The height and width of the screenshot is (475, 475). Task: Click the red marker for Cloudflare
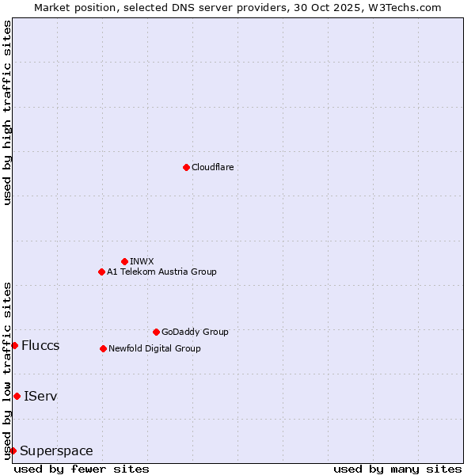pos(186,167)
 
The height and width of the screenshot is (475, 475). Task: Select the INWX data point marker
pos(124,261)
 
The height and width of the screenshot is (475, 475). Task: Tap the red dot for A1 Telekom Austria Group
pos(101,272)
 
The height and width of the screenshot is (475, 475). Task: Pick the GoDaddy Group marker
pos(156,332)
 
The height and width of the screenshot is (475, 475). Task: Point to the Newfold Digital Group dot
pos(103,348)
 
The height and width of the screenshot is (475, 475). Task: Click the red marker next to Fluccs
pos(14,345)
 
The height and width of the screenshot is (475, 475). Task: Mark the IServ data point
pos(17,396)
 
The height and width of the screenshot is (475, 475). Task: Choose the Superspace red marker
pos(13,450)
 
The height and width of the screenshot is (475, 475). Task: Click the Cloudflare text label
pos(212,167)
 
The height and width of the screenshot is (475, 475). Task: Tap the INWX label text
pos(142,261)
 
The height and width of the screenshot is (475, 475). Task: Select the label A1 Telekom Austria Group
pos(161,272)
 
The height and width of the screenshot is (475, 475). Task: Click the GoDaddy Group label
pos(195,332)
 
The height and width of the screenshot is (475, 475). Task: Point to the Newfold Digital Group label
pos(154,348)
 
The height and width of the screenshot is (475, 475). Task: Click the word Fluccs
pos(40,345)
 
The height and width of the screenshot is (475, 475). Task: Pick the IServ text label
pos(40,396)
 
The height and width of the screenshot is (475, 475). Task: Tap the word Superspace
pos(56,451)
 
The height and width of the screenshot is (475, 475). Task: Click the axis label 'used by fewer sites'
pos(82,469)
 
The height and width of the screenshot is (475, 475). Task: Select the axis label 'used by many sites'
pos(397,469)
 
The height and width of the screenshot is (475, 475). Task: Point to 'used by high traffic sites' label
pos(7,112)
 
